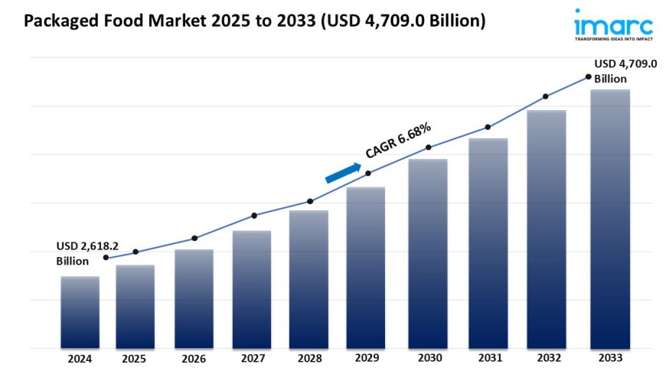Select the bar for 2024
(x=80, y=312)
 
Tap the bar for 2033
(x=610, y=219)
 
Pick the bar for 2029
(x=366, y=268)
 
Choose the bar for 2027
(x=252, y=289)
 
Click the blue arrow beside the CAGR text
(x=343, y=173)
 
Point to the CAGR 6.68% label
(x=398, y=141)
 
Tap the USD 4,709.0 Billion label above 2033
(x=625, y=71)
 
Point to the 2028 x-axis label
(x=309, y=358)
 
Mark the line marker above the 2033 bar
(x=588, y=76)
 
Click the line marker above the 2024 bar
(x=106, y=258)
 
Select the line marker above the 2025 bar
(x=135, y=252)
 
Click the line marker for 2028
(x=310, y=201)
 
